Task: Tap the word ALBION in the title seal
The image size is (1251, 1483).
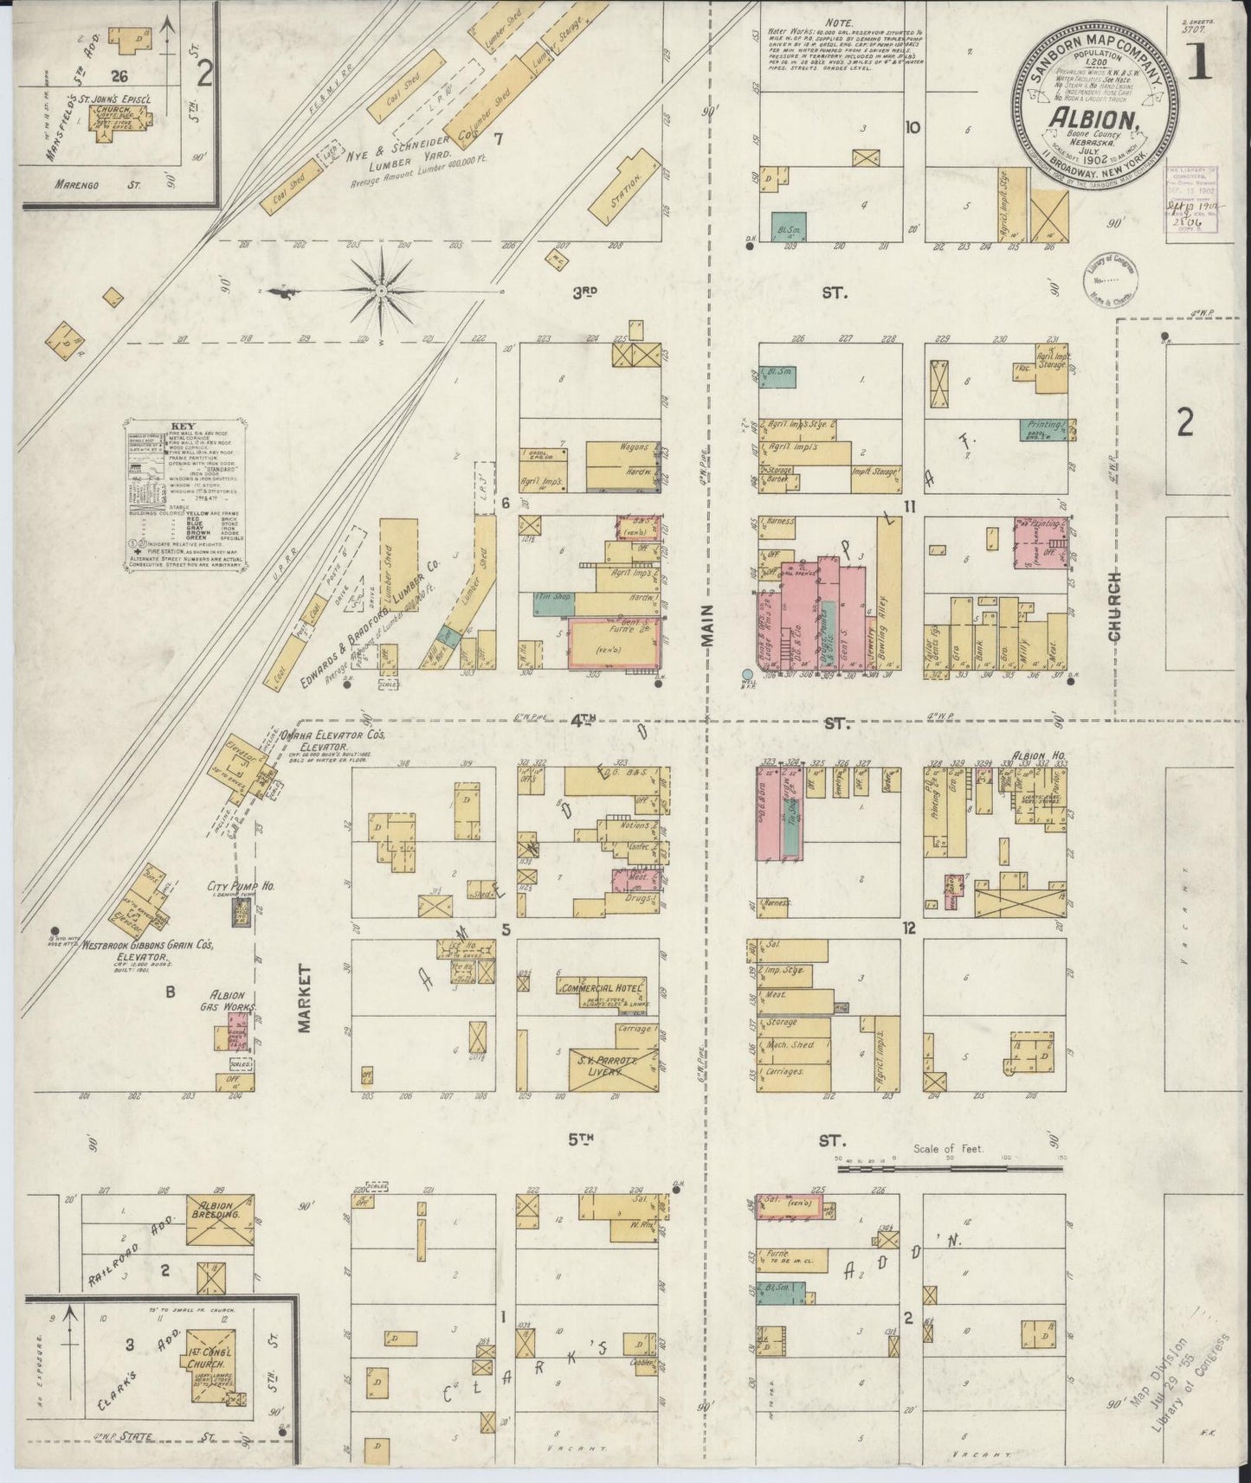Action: tap(1092, 119)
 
